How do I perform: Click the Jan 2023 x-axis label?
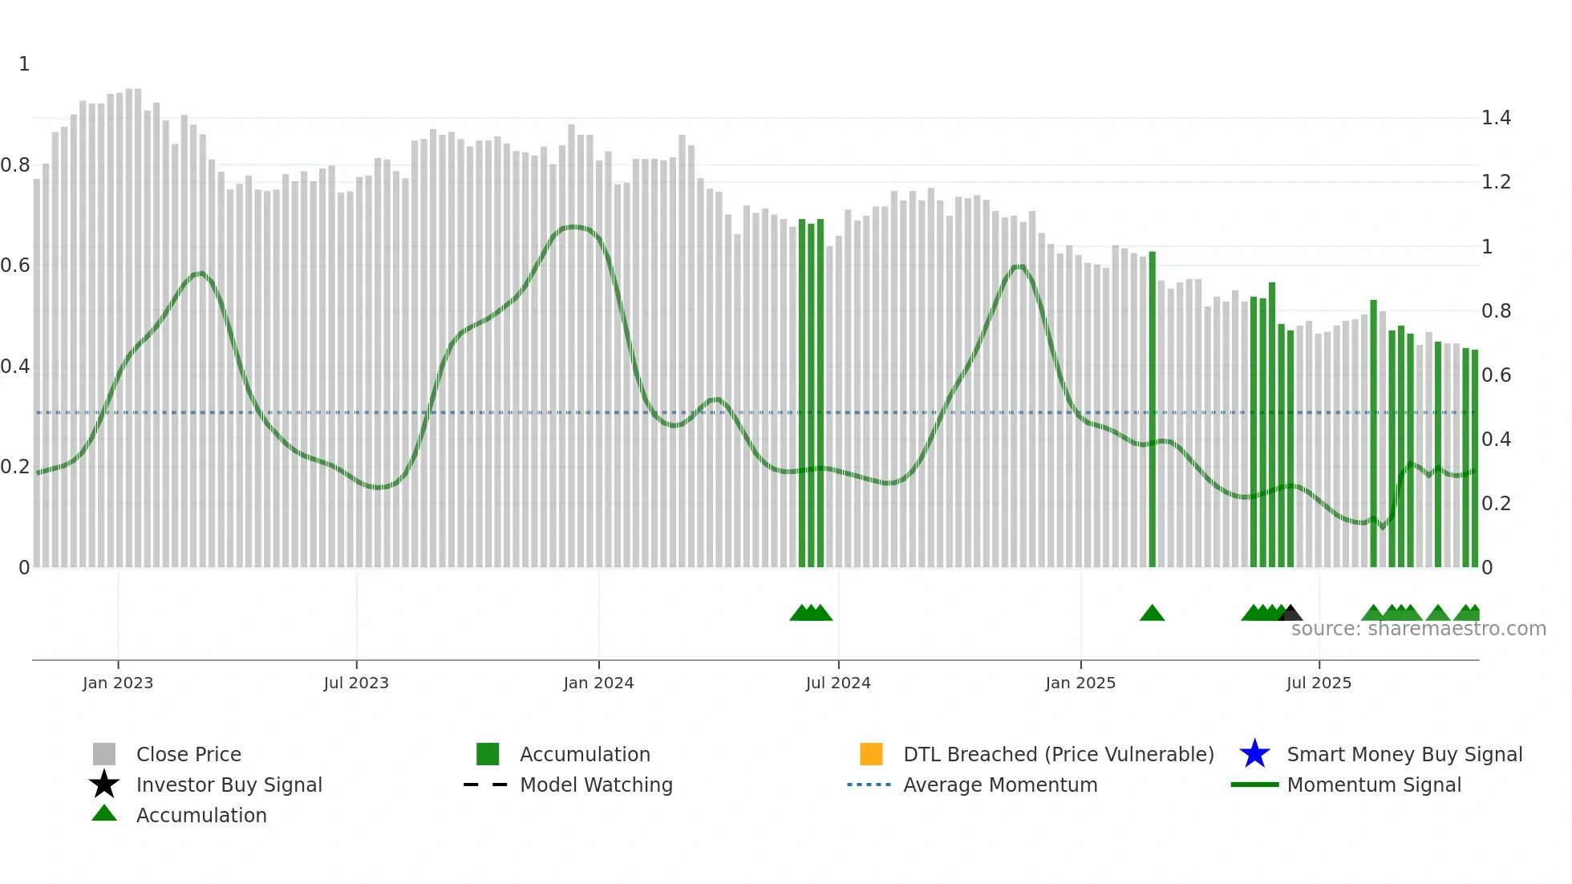click(x=118, y=683)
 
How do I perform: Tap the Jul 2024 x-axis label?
click(x=838, y=683)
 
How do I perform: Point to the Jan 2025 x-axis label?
click(x=1080, y=683)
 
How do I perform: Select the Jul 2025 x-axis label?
click(x=1319, y=683)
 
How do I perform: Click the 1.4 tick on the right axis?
click(x=1496, y=118)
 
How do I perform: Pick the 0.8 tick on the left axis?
click(x=15, y=165)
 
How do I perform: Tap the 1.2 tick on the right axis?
click(x=1496, y=182)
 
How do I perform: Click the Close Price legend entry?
click(x=188, y=754)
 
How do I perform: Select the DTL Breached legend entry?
click(x=1058, y=754)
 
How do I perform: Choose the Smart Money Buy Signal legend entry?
click(x=1404, y=754)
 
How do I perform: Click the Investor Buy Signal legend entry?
click(x=229, y=785)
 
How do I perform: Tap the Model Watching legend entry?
click(x=596, y=785)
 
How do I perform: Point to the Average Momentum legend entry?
click(x=1000, y=785)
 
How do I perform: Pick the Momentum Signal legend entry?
click(x=1374, y=785)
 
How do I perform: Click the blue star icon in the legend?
click(x=1254, y=754)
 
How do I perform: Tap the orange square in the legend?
click(x=871, y=754)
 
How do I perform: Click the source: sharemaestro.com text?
click(x=1418, y=629)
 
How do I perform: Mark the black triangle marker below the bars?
click(x=1290, y=614)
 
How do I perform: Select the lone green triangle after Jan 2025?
click(x=1152, y=614)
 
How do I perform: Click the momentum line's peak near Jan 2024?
click(x=573, y=227)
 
